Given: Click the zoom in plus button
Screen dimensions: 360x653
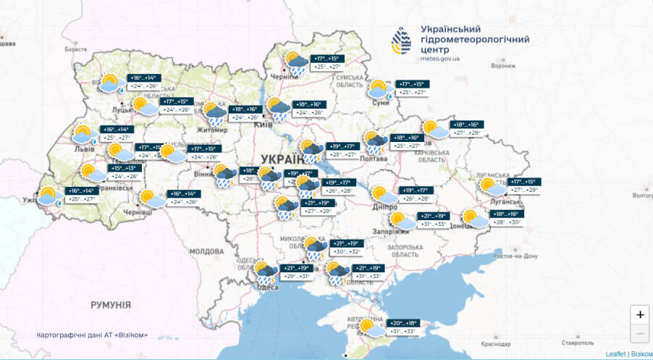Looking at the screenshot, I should click(639, 315).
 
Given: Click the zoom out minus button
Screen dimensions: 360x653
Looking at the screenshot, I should click(639, 334).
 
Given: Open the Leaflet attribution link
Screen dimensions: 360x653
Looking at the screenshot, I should click(615, 353).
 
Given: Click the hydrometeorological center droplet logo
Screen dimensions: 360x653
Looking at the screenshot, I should click(401, 41).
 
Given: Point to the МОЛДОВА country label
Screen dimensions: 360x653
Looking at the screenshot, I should click(206, 251).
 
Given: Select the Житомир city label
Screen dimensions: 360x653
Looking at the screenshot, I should click(214, 130).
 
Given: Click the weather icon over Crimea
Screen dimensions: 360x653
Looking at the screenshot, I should click(373, 327).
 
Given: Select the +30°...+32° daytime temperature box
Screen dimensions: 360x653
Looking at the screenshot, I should click(345, 251).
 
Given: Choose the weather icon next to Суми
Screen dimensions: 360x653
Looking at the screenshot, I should click(379, 90).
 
